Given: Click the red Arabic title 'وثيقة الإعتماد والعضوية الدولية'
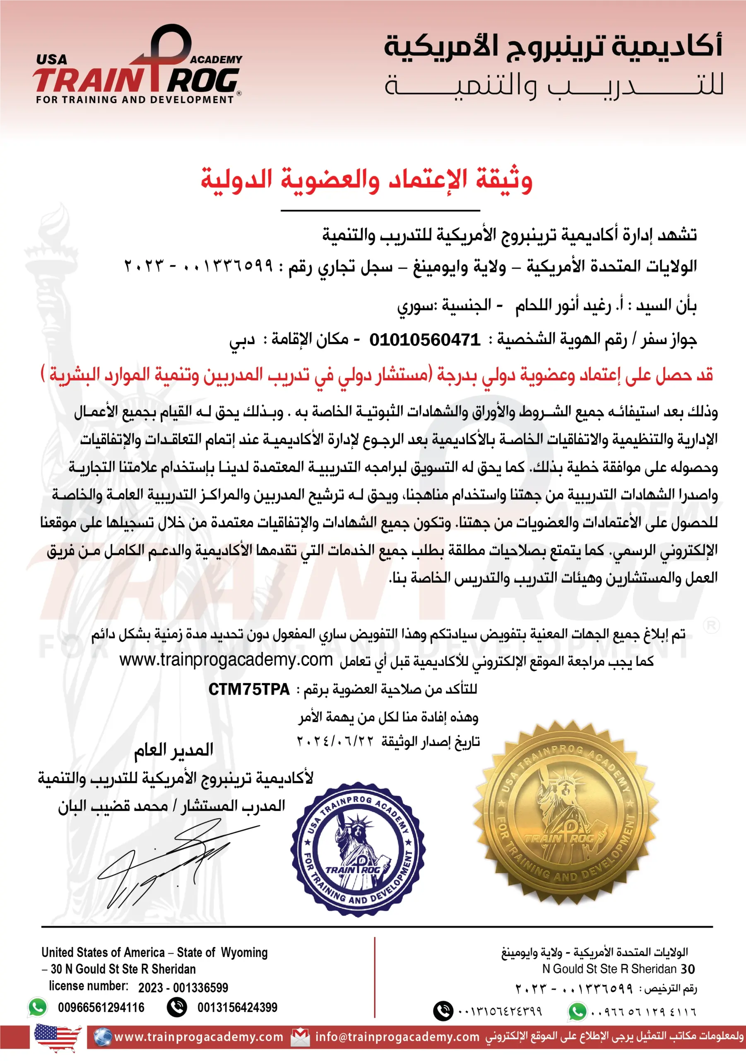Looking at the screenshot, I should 366,181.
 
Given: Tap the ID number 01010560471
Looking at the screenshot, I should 425,340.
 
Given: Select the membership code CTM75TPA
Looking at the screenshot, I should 249,690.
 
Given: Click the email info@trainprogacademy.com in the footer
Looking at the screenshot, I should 397,1037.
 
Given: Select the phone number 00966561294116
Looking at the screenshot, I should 101,1008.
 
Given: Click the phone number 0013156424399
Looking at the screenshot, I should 237,1008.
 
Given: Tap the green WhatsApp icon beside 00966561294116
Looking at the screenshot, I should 38,1008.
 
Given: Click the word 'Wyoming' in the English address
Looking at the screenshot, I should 244,952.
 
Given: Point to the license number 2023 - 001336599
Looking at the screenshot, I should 183,988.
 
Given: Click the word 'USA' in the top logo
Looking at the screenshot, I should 52,60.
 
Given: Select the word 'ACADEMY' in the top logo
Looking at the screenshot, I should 216,60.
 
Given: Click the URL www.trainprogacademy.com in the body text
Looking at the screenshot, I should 226,660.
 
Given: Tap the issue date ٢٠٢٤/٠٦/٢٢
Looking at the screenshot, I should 334,742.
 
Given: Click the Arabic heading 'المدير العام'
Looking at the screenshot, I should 173,750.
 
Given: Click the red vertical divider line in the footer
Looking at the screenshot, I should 375,977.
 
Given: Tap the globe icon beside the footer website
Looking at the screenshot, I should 103,1037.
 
